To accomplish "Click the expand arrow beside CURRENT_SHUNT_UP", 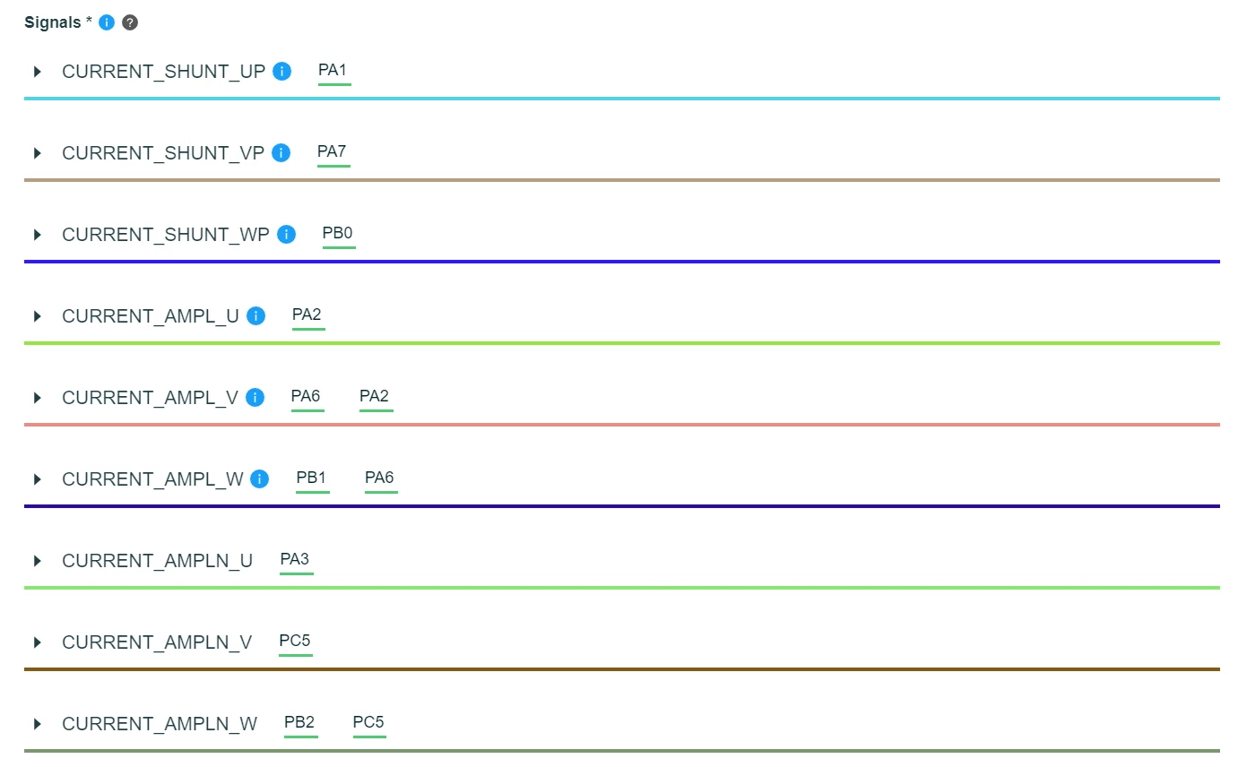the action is pyautogui.click(x=37, y=72).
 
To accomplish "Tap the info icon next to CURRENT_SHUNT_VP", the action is pyautogui.click(x=281, y=152).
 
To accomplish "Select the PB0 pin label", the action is pyautogui.click(x=337, y=233).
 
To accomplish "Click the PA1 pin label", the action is pyautogui.click(x=333, y=70).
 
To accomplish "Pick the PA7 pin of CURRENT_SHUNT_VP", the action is pyautogui.click(x=332, y=151).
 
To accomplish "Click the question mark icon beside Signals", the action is pyautogui.click(x=130, y=22).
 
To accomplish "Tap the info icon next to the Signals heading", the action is pyautogui.click(x=107, y=22).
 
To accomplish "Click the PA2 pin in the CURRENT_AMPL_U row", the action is pyautogui.click(x=307, y=315).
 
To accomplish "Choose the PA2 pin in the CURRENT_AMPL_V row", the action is pyautogui.click(x=374, y=396).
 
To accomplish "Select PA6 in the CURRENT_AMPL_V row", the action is pyautogui.click(x=306, y=396).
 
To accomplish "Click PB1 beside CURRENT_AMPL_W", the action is pyautogui.click(x=311, y=478).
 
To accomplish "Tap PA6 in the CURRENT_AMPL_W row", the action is pyautogui.click(x=379, y=478).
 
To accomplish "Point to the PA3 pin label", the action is pyautogui.click(x=295, y=559).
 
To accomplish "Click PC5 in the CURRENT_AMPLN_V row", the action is pyautogui.click(x=295, y=641).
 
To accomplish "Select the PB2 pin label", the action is pyautogui.click(x=299, y=722).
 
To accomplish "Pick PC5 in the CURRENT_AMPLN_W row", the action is pyautogui.click(x=368, y=722).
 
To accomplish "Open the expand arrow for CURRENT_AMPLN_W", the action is pyautogui.click(x=37, y=724).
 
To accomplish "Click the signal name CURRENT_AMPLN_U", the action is pyautogui.click(x=158, y=561).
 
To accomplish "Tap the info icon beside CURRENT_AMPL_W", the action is pyautogui.click(x=259, y=479).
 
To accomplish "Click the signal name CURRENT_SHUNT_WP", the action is pyautogui.click(x=166, y=235).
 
